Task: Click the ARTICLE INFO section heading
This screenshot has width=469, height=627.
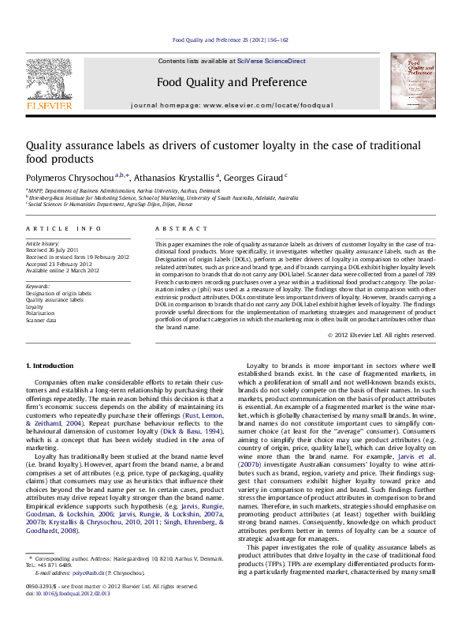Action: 64,228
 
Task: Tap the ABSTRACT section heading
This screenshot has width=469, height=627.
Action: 177,228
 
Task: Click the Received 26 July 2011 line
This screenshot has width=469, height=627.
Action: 57,251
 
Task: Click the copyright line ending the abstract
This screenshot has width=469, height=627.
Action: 381,335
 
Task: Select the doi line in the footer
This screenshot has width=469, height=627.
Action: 67,593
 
